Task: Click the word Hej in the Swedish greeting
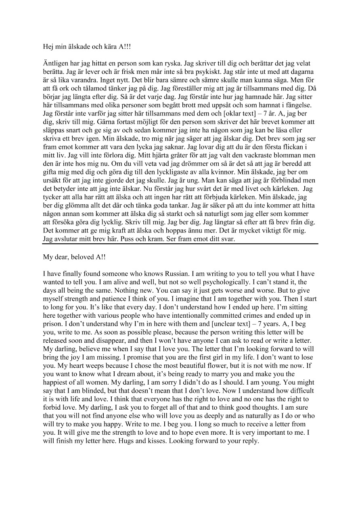[48, 47]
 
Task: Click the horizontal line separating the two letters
[180, 244]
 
